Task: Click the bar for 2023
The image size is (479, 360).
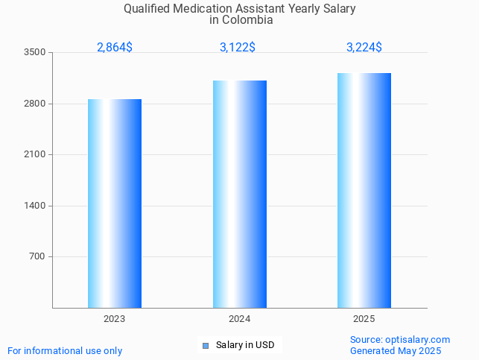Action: [115, 203]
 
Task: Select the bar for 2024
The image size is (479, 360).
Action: [240, 194]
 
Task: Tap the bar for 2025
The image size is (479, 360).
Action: [364, 190]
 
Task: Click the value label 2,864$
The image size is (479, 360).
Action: [115, 47]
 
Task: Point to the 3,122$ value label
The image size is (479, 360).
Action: [238, 47]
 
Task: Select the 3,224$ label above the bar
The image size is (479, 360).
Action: [364, 47]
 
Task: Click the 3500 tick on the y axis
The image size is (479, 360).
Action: [35, 52]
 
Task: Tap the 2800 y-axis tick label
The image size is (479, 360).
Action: [35, 104]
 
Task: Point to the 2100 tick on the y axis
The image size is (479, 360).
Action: [35, 154]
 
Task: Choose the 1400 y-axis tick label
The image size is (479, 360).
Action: [35, 206]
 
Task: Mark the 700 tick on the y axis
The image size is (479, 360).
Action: [37, 256]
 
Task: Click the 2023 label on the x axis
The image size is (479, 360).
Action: [115, 319]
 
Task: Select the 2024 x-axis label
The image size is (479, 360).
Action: [240, 319]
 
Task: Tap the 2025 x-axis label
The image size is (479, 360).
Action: [364, 319]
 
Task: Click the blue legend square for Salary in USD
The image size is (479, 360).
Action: [206, 345]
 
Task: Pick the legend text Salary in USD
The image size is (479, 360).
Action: [245, 345]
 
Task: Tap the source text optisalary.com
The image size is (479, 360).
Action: [418, 339]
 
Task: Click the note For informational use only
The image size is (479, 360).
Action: [65, 350]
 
